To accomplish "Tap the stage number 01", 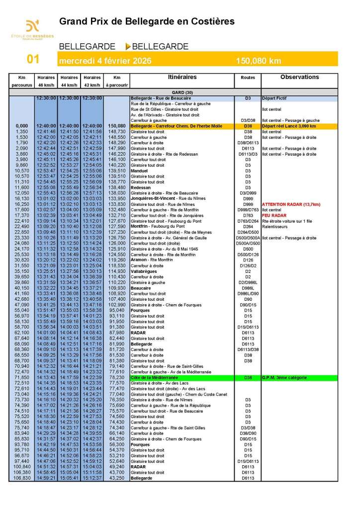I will [x=33, y=60].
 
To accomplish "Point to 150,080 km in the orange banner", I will [x=259, y=61].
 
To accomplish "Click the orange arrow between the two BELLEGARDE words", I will [x=128, y=47].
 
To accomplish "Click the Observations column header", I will [x=299, y=77].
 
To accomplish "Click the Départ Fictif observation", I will [x=274, y=98].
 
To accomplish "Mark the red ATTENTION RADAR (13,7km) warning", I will [x=291, y=204].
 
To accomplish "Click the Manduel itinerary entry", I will [x=139, y=171].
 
